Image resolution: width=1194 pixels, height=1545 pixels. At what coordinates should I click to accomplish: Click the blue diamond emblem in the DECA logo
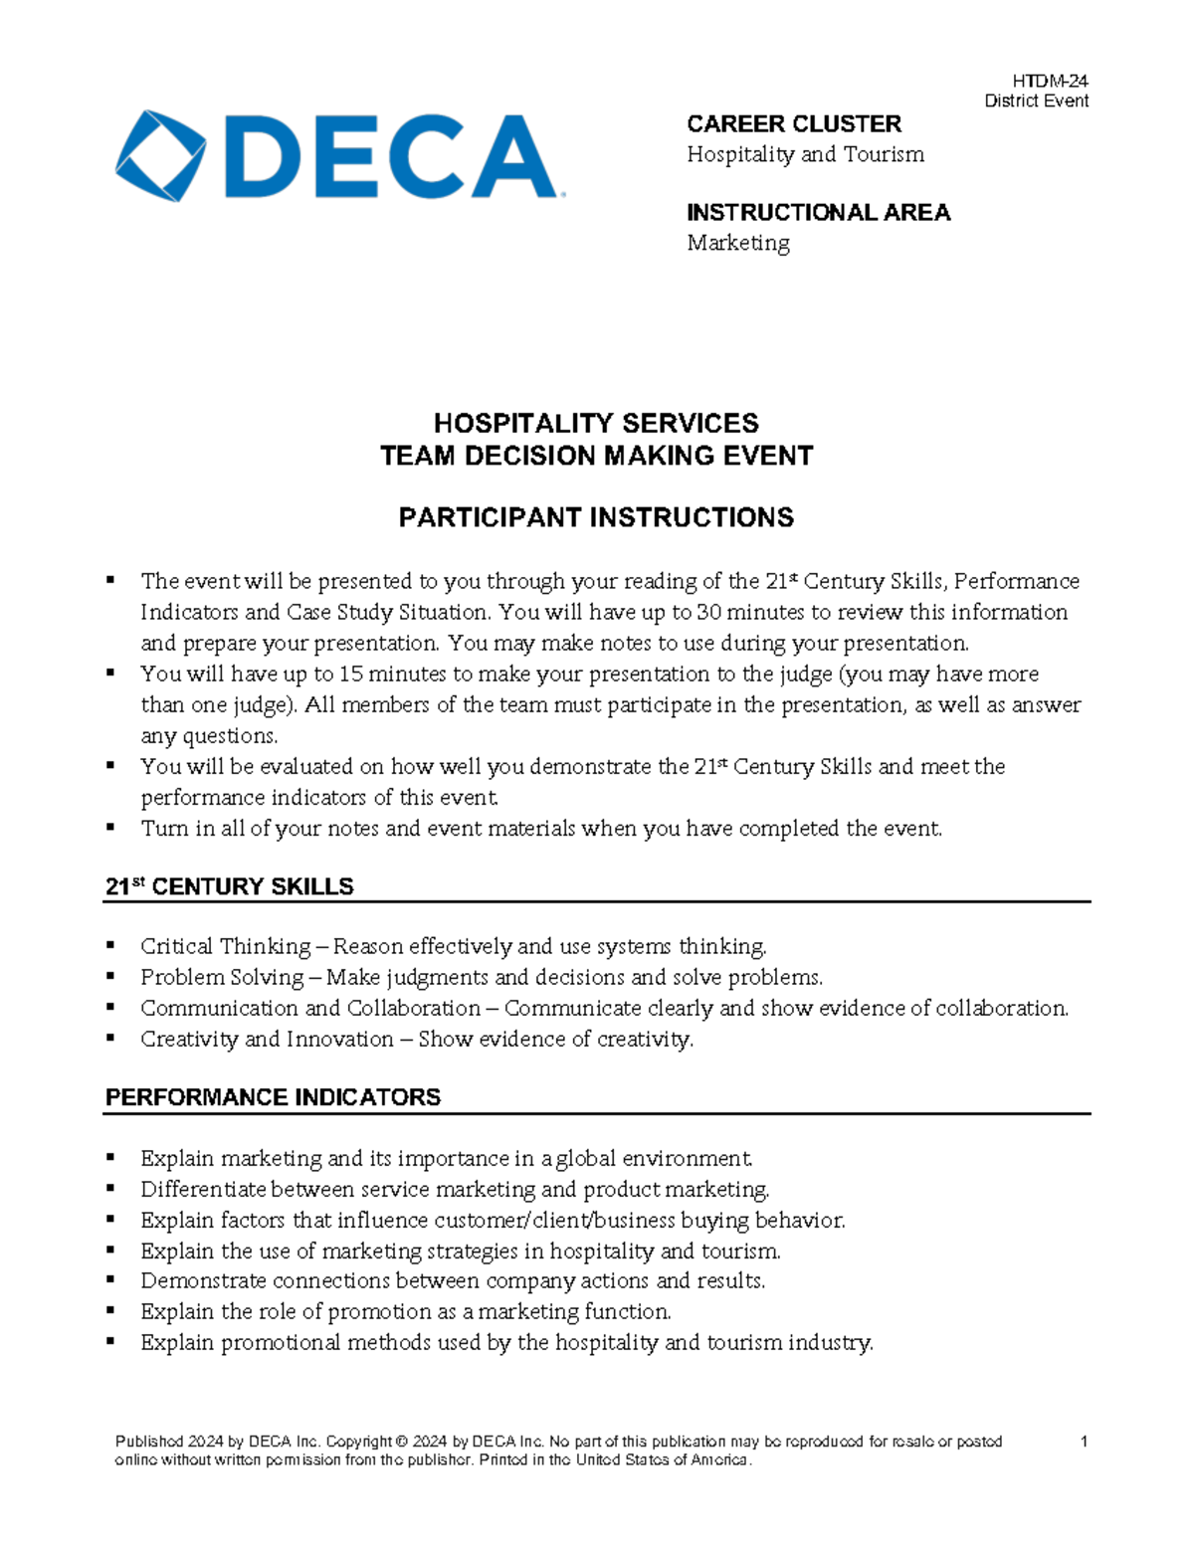coord(160,156)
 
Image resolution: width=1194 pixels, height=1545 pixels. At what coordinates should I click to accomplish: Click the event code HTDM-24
coord(1051,82)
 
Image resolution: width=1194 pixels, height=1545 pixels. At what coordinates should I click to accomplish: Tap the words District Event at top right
coord(1036,100)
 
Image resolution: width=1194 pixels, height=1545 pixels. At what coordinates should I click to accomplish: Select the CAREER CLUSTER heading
coord(793,124)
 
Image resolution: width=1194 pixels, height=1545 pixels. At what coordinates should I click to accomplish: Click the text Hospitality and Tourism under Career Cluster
coord(805,154)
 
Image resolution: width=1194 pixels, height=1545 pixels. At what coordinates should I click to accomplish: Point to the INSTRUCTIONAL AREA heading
coord(818,213)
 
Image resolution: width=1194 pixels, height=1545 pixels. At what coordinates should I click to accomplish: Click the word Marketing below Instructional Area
coord(737,243)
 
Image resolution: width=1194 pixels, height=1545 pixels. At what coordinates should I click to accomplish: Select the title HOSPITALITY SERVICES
coord(596,424)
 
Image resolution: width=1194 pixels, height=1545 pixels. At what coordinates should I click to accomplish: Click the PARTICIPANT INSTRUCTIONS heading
coord(596,518)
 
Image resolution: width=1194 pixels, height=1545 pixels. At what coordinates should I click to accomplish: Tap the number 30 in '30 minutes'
coord(709,612)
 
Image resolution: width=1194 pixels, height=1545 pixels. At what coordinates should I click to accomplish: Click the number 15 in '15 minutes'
coord(351,675)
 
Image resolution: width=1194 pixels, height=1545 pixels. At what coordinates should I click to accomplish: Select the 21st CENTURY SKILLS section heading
coord(230,886)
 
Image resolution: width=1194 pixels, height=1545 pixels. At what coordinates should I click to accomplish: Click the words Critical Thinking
coord(226,946)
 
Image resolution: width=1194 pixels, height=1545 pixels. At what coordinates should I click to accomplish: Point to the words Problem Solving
coord(222,977)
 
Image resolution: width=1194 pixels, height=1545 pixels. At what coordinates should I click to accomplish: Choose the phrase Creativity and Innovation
coord(267,1039)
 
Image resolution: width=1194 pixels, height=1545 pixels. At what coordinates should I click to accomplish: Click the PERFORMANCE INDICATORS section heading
coord(273,1097)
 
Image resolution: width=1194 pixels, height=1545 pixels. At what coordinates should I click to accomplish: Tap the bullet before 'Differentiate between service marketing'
coord(111,1189)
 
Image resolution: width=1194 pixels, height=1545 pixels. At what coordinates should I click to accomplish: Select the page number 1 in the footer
coord(1084,1442)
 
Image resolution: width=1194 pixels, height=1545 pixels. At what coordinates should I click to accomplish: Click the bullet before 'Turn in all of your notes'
coord(111,828)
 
